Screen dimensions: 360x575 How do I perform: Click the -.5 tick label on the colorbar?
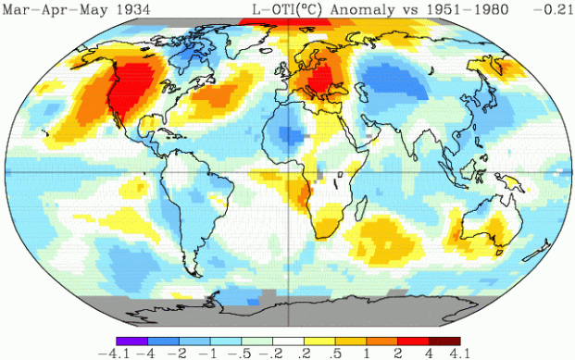(x=244, y=352)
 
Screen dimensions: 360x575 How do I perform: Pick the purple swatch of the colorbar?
(x=131, y=340)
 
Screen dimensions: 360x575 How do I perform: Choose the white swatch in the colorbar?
(x=289, y=340)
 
